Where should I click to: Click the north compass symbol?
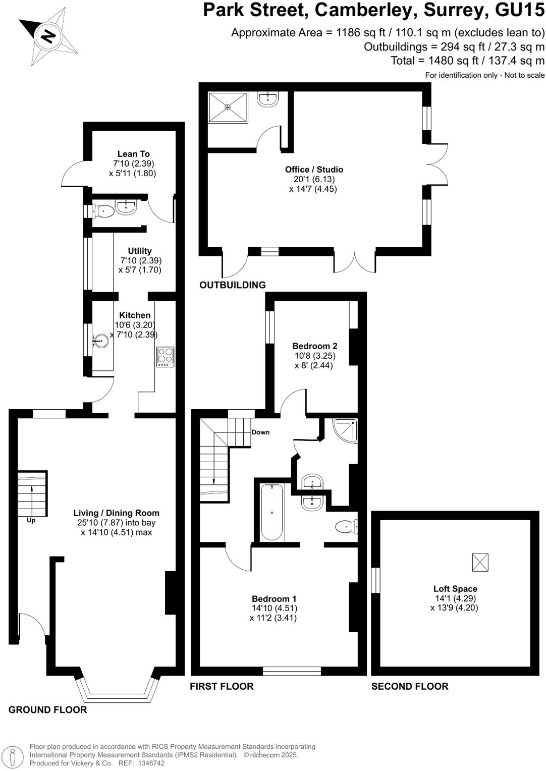[x=48, y=36]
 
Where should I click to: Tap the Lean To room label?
[x=134, y=154]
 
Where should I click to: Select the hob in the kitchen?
[x=165, y=356]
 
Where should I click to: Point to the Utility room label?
[x=140, y=251]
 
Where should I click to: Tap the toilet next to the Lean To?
[x=104, y=211]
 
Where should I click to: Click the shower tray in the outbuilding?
[x=228, y=107]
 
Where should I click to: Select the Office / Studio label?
[x=314, y=170]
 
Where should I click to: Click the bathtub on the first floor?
[x=272, y=512]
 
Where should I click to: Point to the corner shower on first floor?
[x=347, y=429]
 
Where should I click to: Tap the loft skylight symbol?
[x=480, y=562]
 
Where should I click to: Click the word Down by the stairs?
[x=260, y=432]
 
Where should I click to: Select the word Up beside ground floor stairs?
[x=31, y=520]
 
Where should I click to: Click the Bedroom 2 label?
[x=315, y=346]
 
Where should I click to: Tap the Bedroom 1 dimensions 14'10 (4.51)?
[x=275, y=609]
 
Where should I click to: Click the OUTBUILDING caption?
[x=233, y=285]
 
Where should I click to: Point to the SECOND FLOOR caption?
[x=410, y=686]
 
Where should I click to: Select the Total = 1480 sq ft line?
[x=467, y=61]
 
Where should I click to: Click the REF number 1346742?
[x=149, y=763]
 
